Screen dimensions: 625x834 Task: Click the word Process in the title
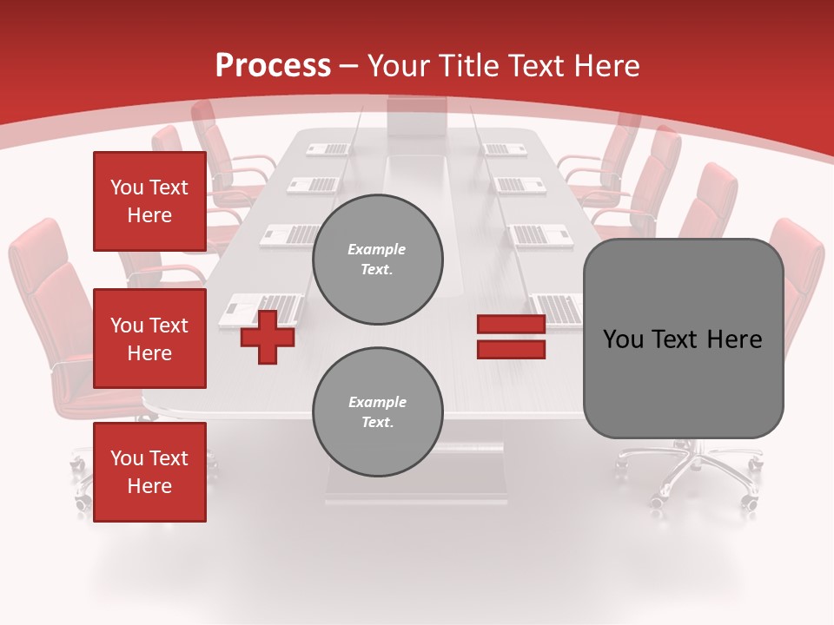click(x=273, y=66)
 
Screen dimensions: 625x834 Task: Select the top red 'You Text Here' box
click(x=149, y=201)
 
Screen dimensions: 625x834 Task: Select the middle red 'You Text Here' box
click(x=149, y=339)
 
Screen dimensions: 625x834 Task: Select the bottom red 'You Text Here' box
click(x=149, y=472)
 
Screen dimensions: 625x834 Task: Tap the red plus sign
click(x=268, y=337)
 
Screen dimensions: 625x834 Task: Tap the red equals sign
click(x=511, y=337)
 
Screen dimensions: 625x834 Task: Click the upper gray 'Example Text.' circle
click(x=377, y=260)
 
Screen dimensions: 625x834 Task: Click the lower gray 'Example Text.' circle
click(x=377, y=412)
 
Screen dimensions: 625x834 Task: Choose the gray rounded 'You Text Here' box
click(x=683, y=339)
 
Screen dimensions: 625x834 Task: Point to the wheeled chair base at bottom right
click(x=695, y=473)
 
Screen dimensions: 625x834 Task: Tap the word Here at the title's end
click(x=607, y=66)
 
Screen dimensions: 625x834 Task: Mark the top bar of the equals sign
click(x=511, y=325)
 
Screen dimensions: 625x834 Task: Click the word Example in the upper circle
click(x=376, y=250)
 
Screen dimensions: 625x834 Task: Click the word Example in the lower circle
click(x=377, y=403)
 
